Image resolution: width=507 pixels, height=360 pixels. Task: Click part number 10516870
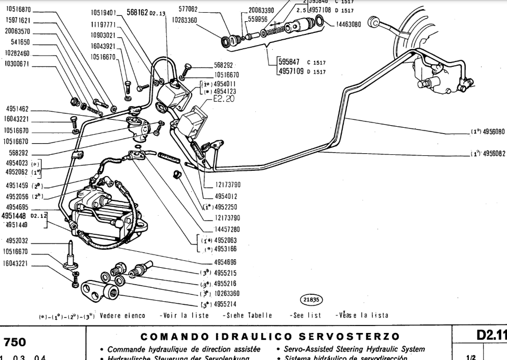[x=17, y=10]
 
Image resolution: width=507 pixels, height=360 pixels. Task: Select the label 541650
[x=17, y=42]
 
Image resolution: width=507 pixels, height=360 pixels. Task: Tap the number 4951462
[x=17, y=109]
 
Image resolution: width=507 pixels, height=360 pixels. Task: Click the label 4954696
[x=227, y=261]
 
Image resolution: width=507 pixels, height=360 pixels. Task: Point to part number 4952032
[x=17, y=240]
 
